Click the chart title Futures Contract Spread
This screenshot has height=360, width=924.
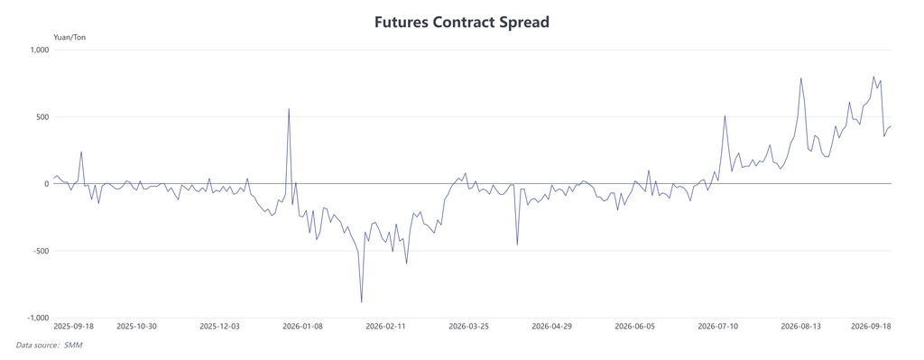tap(462, 23)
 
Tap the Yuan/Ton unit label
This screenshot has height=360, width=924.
tap(69, 38)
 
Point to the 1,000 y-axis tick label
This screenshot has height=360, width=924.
tap(37, 51)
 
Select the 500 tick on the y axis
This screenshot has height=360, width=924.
tap(42, 116)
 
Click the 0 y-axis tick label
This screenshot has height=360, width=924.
tap(45, 184)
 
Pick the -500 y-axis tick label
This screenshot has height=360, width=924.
tap(40, 251)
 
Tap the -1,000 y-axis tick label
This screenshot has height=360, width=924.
tap(36, 318)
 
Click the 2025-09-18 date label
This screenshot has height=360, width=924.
tap(73, 327)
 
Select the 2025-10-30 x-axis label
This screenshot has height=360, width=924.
tap(137, 327)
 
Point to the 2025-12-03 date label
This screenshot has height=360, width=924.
tap(220, 327)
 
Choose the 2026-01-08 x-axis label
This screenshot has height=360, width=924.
tap(303, 327)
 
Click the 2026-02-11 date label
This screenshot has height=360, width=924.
tap(386, 327)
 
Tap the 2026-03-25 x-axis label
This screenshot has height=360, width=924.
tap(469, 327)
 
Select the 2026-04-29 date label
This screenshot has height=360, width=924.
tap(552, 327)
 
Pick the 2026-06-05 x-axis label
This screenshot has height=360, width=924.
tap(635, 327)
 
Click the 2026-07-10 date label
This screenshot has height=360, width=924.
tap(718, 327)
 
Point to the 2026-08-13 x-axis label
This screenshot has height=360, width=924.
tap(801, 327)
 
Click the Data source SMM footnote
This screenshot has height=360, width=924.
tap(49, 346)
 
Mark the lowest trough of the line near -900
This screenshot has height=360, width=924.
tap(361, 302)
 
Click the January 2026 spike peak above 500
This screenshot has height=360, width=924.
tap(289, 109)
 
